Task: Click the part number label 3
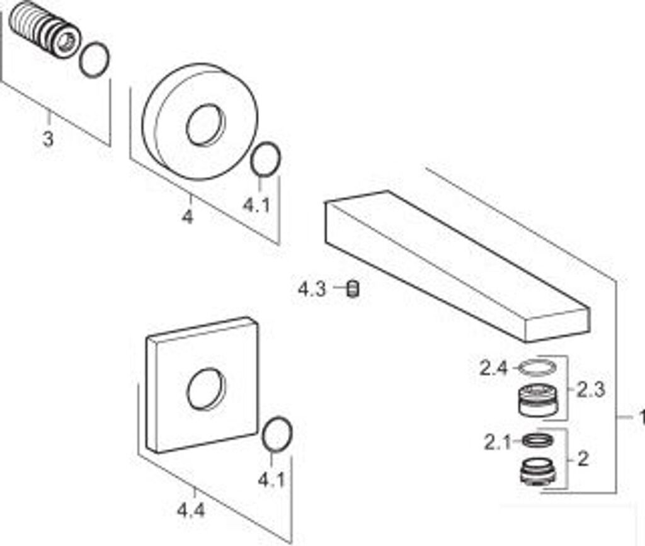[x=48, y=139]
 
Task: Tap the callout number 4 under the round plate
[x=187, y=217]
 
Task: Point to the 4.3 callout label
[x=312, y=290]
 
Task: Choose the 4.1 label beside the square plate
[x=271, y=479]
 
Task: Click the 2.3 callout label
[x=590, y=390]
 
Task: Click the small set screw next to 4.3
[x=353, y=290]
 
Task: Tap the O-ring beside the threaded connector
[x=94, y=60]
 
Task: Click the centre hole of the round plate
[x=204, y=124]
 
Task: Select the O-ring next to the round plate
[x=265, y=161]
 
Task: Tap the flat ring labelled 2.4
[x=537, y=367]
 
